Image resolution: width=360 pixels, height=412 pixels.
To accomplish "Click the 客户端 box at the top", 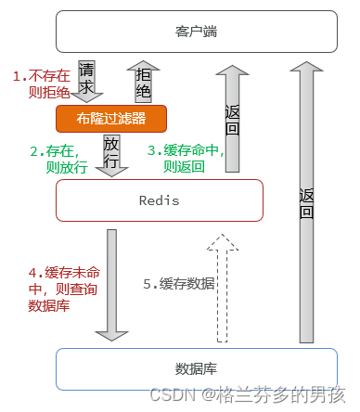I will tap(197, 31).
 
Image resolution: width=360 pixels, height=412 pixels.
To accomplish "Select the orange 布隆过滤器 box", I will tap(111, 119).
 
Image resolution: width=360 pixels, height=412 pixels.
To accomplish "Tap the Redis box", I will tap(159, 200).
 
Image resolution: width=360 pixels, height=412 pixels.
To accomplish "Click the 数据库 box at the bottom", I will tap(197, 368).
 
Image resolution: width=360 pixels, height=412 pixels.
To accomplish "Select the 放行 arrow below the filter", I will tap(110, 154).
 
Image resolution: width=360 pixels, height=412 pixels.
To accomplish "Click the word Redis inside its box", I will tap(159, 200).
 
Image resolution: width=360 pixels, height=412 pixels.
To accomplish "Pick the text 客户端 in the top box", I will tap(197, 31).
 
